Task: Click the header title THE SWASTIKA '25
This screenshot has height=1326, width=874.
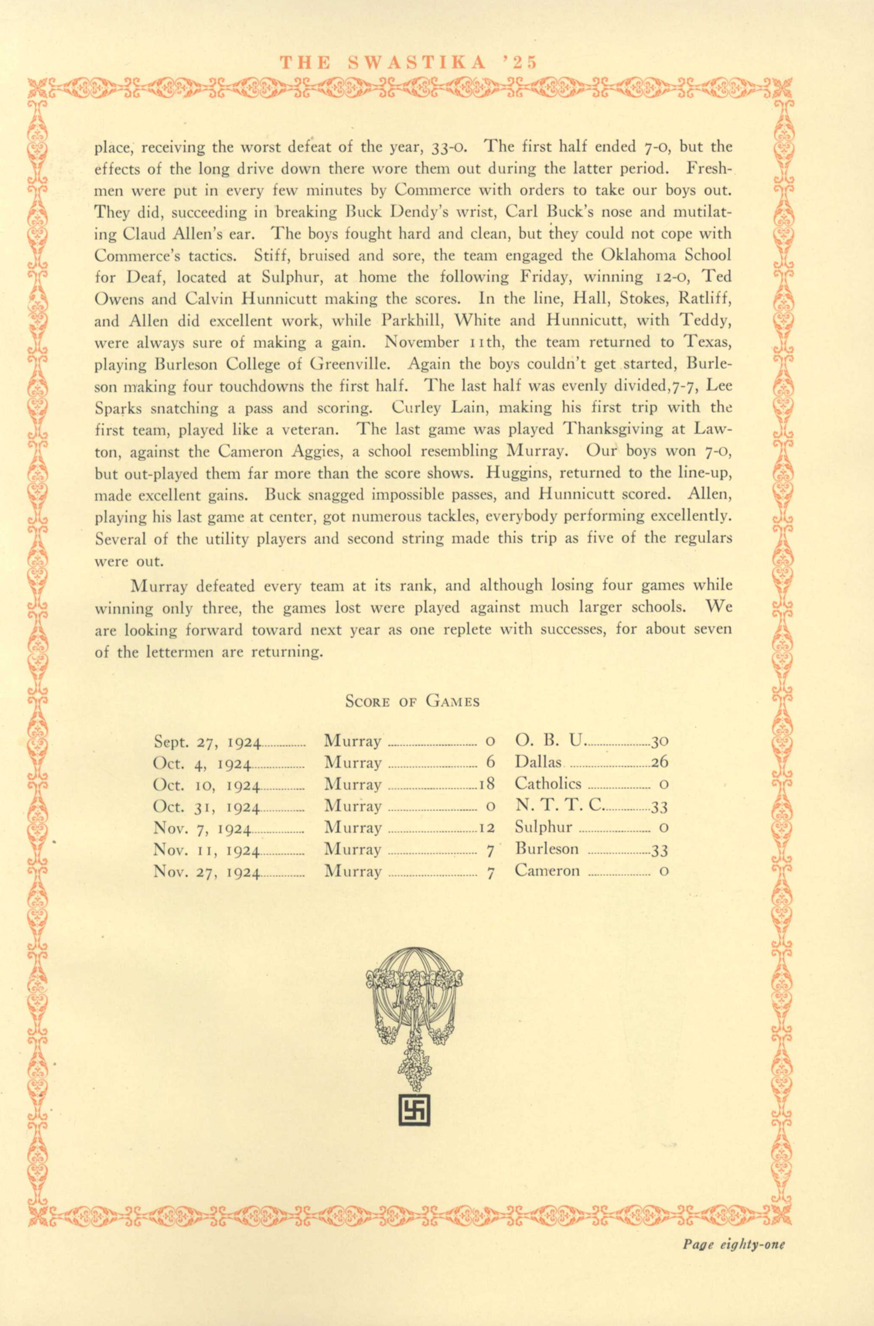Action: tap(408, 62)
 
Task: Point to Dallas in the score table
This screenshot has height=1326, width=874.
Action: tap(538, 762)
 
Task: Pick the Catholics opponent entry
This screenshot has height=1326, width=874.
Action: tap(547, 784)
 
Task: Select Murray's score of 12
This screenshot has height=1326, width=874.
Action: tap(486, 828)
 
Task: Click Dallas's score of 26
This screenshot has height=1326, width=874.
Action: tap(660, 762)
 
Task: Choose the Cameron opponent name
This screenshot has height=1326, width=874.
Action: tap(547, 871)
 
